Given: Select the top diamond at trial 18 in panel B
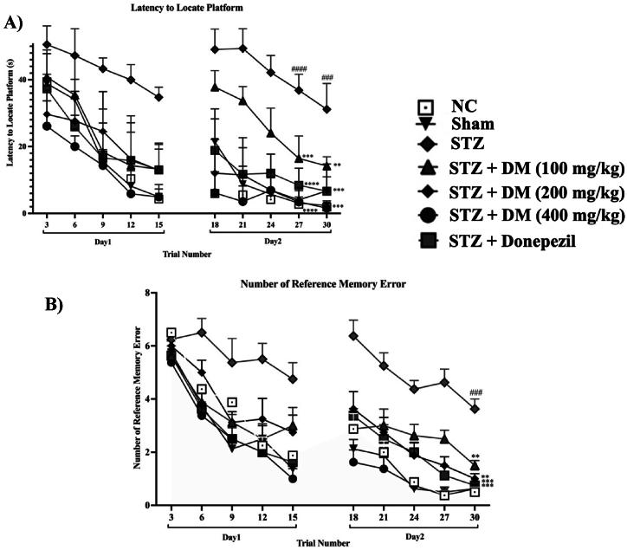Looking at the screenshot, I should coord(352,336).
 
